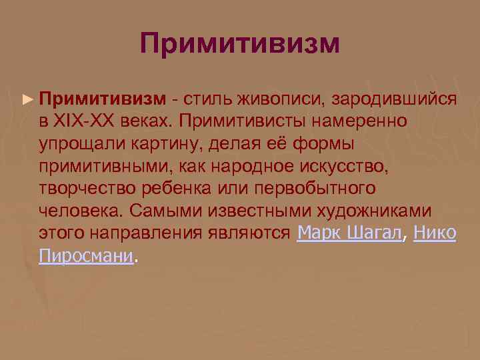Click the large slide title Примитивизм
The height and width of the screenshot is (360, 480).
(x=240, y=44)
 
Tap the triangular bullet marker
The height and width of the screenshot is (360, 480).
(x=27, y=99)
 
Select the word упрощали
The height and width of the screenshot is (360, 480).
(x=77, y=144)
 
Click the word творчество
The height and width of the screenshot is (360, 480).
(x=85, y=189)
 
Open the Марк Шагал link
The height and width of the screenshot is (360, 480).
(x=351, y=233)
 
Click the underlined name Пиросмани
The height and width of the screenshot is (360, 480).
(x=86, y=256)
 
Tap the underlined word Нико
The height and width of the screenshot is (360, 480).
(x=435, y=233)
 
